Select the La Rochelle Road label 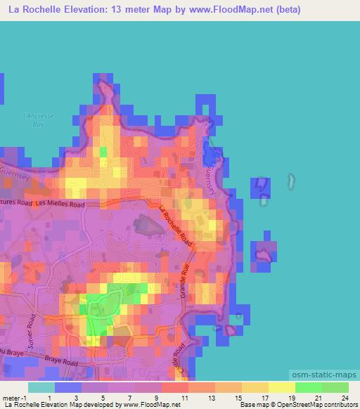coord(176,226)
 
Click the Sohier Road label coord(31,327)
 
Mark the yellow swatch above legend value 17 coord(255,387)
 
